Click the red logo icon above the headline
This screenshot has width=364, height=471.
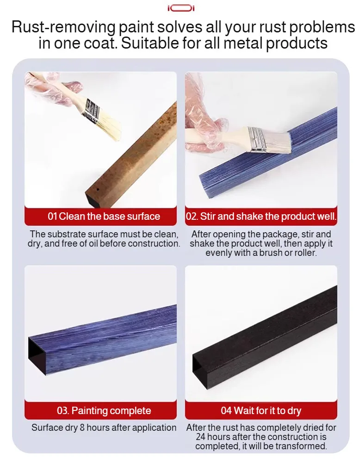coord(181,8)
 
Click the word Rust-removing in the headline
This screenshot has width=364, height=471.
coord(63,27)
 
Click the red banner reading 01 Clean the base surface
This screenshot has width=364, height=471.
coord(101,216)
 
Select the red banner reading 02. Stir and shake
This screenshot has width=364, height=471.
coord(261,216)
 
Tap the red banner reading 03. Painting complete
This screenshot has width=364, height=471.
coord(101,410)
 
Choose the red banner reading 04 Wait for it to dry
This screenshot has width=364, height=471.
coord(261,410)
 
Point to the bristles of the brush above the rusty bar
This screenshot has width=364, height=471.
coord(108,126)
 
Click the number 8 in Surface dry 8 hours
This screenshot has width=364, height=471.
coord(82,428)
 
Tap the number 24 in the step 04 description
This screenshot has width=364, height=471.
coord(201,437)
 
